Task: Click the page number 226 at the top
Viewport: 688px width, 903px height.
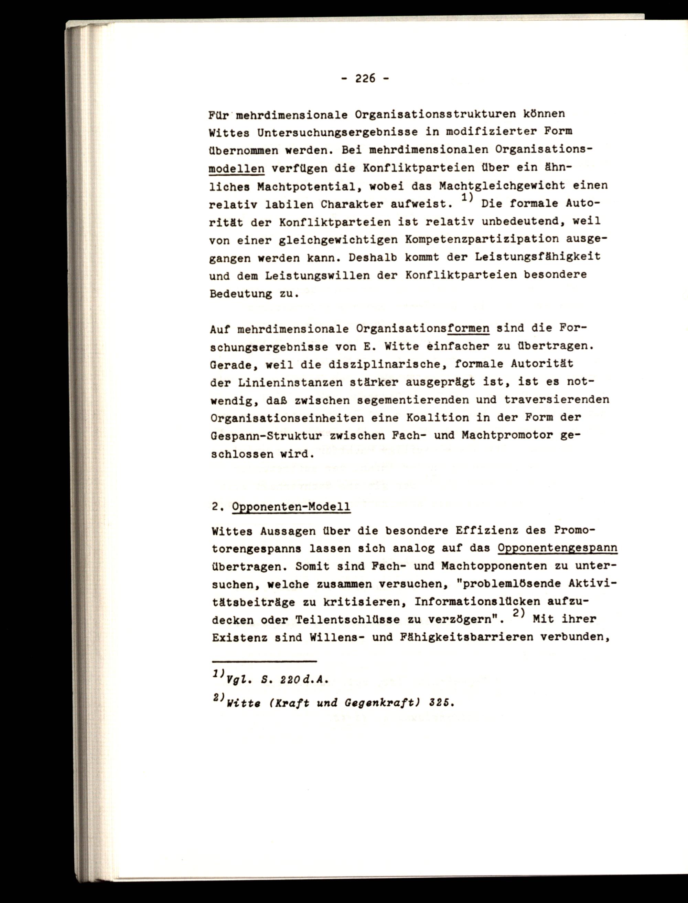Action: coord(365,78)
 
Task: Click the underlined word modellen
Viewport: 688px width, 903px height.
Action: coord(236,168)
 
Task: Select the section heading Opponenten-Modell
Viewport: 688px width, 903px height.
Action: coord(291,507)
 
